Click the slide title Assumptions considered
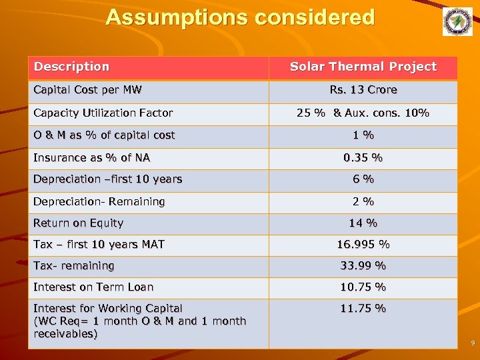pos(240,17)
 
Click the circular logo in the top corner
pos(457,22)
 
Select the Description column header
pos(71,67)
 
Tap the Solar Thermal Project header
pos(363,67)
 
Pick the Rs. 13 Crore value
pos(363,90)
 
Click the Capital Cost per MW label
pos(87,90)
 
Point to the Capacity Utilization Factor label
pos(103,113)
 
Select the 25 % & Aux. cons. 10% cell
pos(363,113)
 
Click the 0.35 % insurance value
pos(363,158)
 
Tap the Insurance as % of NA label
pos(91,158)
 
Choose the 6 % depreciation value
pos(363,179)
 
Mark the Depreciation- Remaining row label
pos(99,201)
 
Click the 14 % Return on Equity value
pos(363,223)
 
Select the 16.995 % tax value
pos(363,245)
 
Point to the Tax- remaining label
pos(73,266)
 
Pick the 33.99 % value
pos(363,266)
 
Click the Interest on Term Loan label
pos(93,287)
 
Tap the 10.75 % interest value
pos(363,287)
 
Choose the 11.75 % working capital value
pos(363,309)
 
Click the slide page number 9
pos(472,343)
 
